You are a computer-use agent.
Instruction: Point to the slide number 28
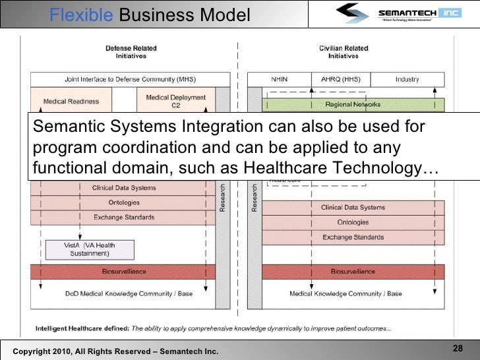click(x=457, y=349)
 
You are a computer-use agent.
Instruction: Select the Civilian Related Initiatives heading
click(x=343, y=52)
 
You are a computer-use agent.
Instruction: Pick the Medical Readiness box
click(x=71, y=102)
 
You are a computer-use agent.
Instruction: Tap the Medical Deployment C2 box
click(x=175, y=101)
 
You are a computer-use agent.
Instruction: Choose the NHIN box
click(x=279, y=79)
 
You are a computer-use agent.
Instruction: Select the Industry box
click(x=407, y=79)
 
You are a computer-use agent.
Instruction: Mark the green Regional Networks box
click(x=353, y=104)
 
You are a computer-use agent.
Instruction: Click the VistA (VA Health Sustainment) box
click(x=90, y=249)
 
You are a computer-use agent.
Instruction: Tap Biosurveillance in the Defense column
click(x=124, y=271)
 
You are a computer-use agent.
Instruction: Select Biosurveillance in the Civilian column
click(x=353, y=271)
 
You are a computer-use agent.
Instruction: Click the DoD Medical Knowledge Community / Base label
click(x=129, y=293)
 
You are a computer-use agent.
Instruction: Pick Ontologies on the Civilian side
click(x=353, y=222)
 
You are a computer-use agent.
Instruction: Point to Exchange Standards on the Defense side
click(x=124, y=218)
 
